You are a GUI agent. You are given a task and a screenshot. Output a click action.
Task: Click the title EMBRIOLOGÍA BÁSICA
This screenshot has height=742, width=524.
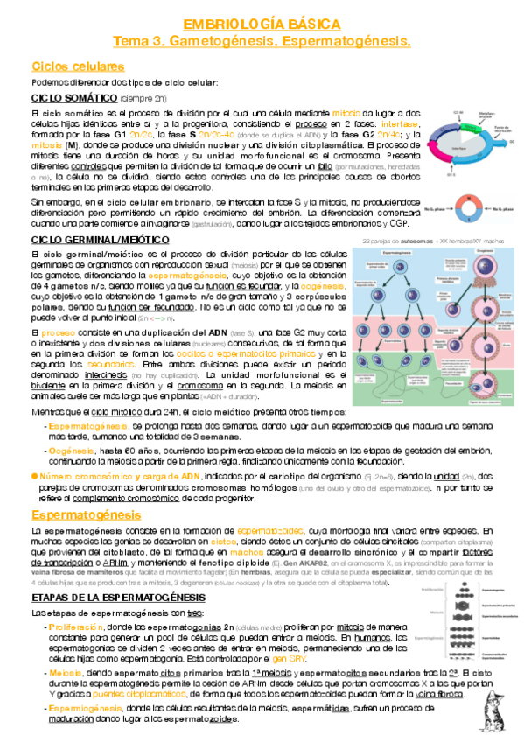coord(262,25)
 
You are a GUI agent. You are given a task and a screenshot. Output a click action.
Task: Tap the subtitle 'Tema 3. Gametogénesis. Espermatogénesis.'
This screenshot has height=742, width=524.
coord(262,41)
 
